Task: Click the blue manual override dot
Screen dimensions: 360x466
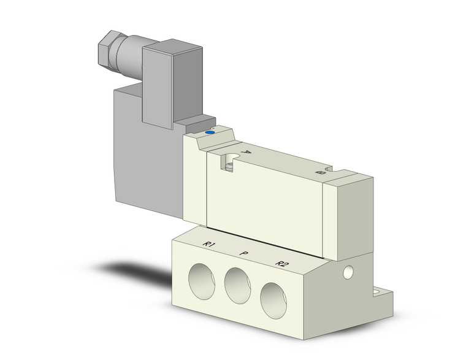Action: [210, 131]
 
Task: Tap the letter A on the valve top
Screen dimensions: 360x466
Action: [246, 152]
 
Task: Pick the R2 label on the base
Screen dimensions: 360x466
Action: [281, 264]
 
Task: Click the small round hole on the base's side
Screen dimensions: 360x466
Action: [348, 271]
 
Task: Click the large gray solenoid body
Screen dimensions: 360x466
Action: [147, 166]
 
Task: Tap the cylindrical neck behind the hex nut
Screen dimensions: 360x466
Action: [130, 54]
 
